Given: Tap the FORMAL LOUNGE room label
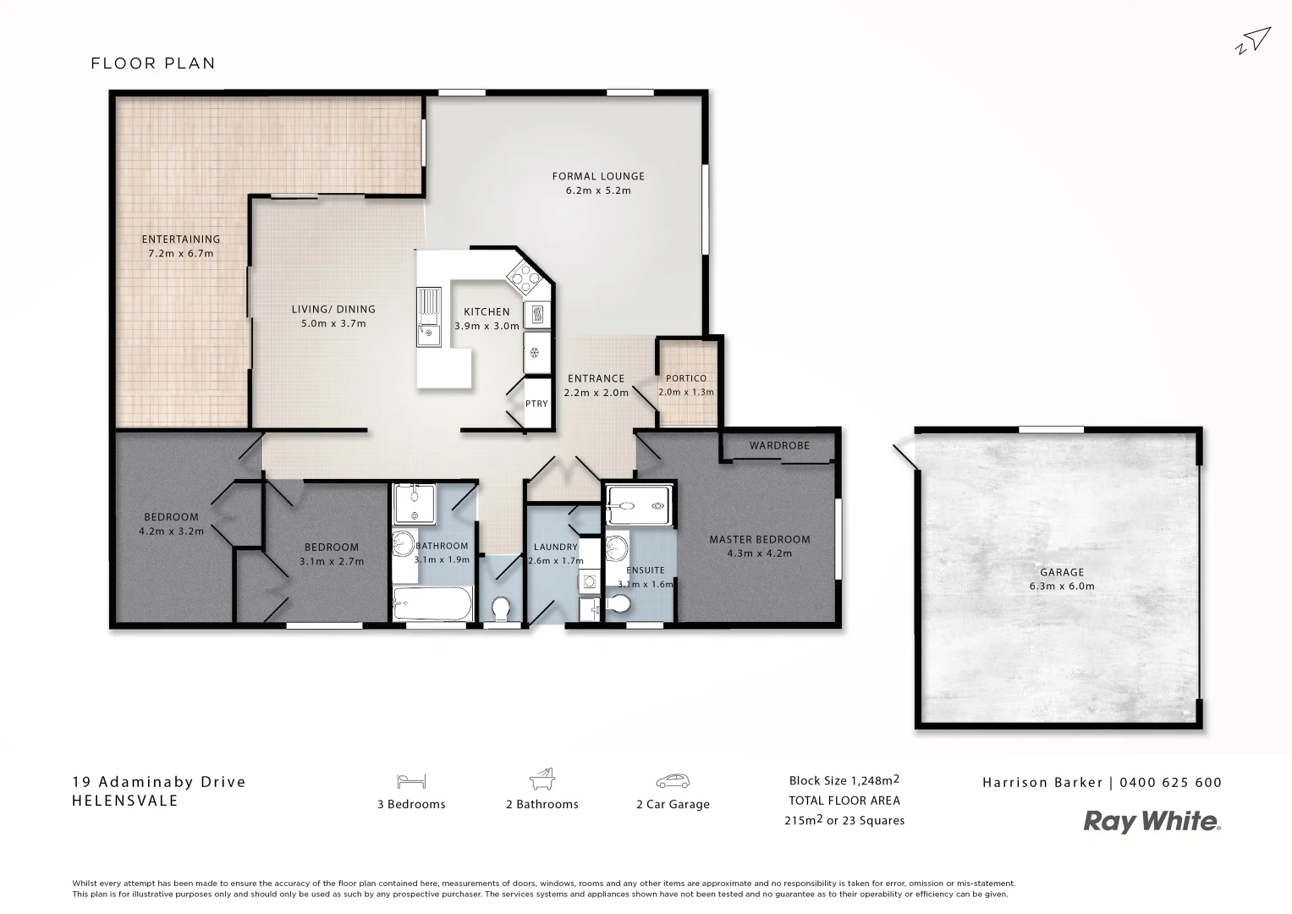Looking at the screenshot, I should pos(598,176).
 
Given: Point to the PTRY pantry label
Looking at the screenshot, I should pos(536,404).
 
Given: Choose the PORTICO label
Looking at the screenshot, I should pos(685,378).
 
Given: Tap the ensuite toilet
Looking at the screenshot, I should pos(619,604).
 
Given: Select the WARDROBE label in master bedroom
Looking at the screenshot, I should pos(779,445).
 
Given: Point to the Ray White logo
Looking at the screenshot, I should pos(1152,821).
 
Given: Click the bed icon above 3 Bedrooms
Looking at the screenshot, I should pos(410,781).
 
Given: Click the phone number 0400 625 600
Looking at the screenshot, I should pos(1170,783).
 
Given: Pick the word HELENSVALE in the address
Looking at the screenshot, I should pos(125,801).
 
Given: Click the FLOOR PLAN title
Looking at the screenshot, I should pos(153,63).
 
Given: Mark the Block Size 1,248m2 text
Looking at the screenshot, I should pos(844,780).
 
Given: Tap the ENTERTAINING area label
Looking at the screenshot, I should pos(180,240).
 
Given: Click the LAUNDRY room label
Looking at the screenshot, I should pos(555,547).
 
